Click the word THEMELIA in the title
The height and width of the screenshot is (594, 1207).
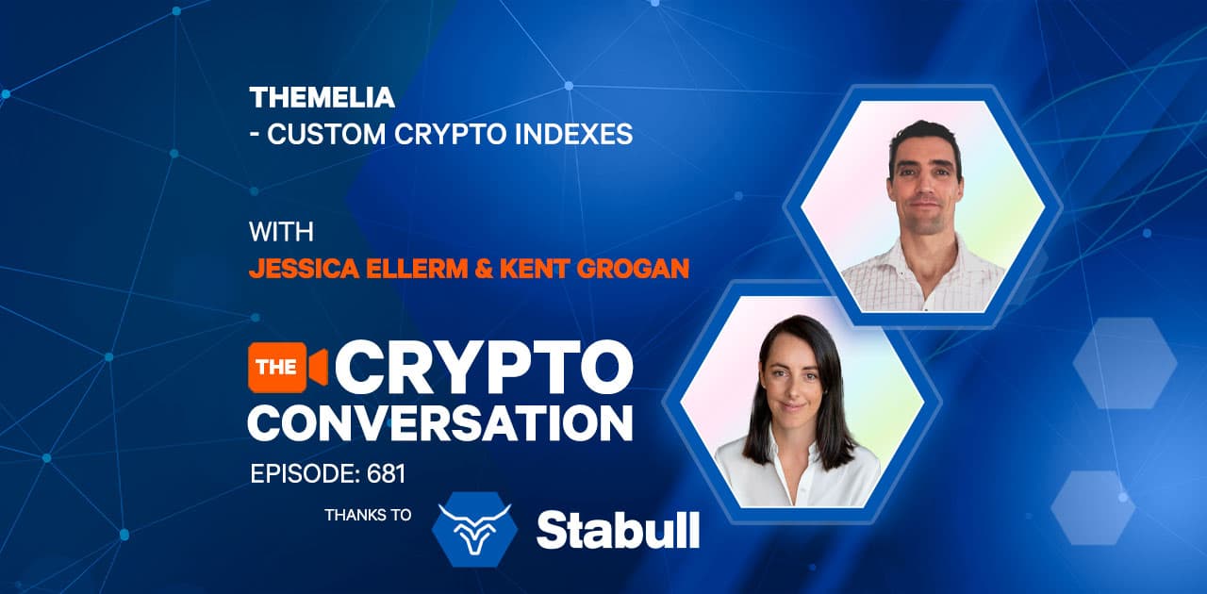[x=322, y=97]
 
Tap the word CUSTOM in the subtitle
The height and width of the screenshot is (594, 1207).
[x=326, y=134]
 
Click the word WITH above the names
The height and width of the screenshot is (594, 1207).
[x=281, y=232]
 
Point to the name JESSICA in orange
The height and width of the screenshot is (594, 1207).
[x=304, y=269]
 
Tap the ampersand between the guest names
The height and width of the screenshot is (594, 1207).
[x=484, y=269]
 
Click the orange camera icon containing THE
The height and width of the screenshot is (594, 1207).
[x=288, y=367]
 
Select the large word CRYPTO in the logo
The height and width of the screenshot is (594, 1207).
[x=484, y=367]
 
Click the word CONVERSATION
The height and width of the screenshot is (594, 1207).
[x=440, y=423]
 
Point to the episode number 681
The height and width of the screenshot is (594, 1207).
[x=386, y=474]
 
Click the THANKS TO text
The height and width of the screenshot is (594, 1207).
[x=368, y=515]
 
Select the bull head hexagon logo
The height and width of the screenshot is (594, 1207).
[x=474, y=529]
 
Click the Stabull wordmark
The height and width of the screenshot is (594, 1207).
[x=618, y=530]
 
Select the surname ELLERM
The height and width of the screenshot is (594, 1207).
[x=417, y=269]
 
